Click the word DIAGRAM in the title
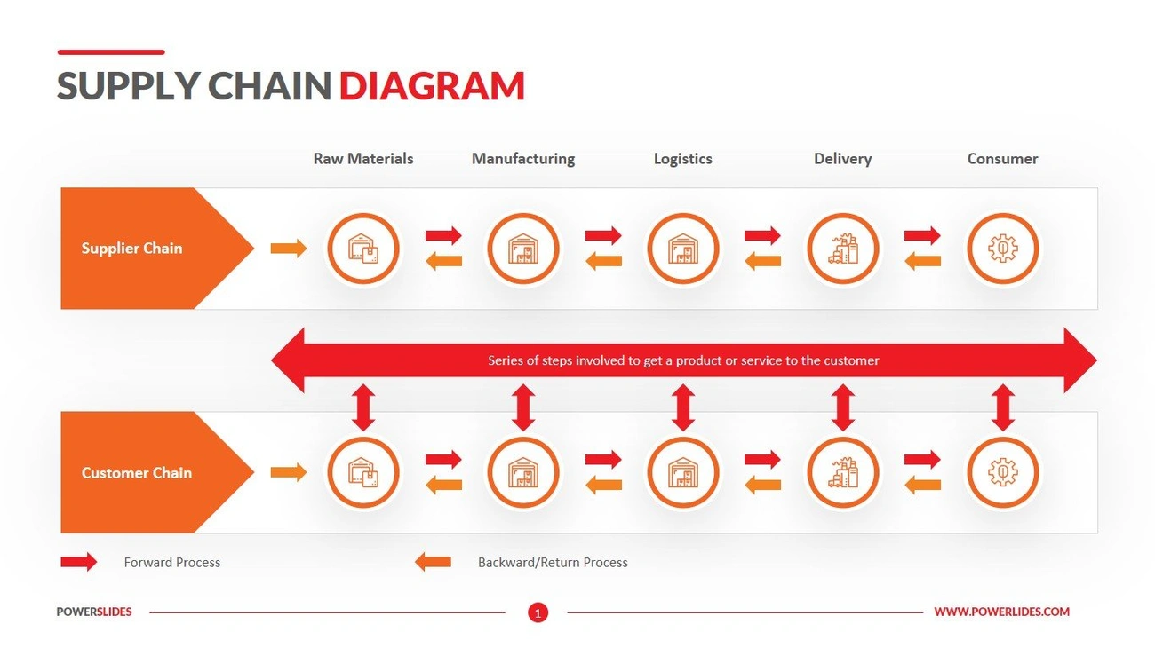[432, 86]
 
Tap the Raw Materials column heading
[363, 159]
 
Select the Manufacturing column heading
[523, 159]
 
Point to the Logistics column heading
[683, 159]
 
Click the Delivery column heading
[843, 159]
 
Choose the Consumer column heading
[1002, 159]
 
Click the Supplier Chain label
[131, 249]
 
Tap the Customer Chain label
[137, 473]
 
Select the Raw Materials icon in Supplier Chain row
[363, 249]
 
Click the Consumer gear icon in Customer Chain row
[1002, 473]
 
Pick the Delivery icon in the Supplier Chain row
[843, 249]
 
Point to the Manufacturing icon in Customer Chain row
[523, 473]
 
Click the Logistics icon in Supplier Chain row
[683, 249]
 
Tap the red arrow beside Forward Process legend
[78, 562]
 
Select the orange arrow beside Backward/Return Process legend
[433, 562]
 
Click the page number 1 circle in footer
[538, 612]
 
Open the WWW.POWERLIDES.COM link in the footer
[1001, 612]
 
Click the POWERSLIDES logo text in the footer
[94, 612]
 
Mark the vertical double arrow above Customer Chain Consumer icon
[1002, 408]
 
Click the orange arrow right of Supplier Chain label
[288, 249]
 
